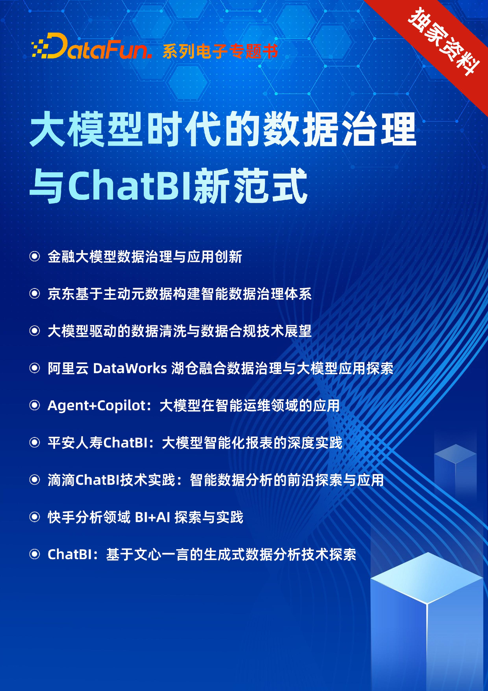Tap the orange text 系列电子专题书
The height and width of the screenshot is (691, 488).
click(x=220, y=52)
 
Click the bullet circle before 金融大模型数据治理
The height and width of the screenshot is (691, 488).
click(x=35, y=256)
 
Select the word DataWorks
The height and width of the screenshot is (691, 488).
click(x=130, y=368)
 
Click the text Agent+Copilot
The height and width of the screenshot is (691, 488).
click(x=97, y=406)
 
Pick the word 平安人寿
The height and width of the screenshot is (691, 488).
click(x=75, y=443)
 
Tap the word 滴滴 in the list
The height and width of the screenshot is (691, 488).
click(x=61, y=480)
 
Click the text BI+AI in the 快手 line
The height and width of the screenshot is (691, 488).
click(x=152, y=518)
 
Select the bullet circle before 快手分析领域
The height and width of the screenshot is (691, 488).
click(x=35, y=517)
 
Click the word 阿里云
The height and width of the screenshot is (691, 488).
click(x=68, y=368)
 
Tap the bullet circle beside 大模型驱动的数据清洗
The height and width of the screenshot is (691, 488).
click(x=35, y=331)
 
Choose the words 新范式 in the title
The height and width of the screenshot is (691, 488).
click(x=251, y=186)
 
